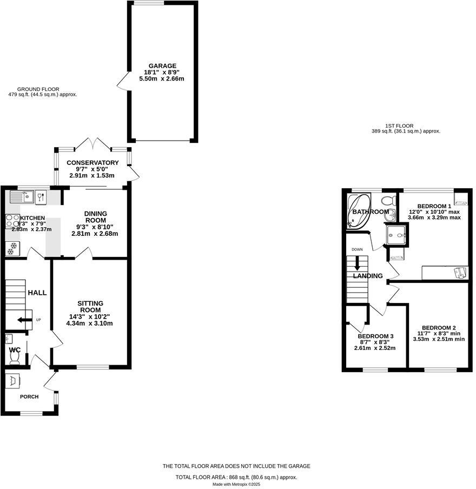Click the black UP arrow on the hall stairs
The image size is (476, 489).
tap(24, 320)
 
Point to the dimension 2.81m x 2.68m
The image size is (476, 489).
tap(95, 234)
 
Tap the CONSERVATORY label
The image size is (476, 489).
tap(92, 163)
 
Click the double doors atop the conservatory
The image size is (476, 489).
tap(92, 143)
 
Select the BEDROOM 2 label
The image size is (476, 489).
tap(439, 328)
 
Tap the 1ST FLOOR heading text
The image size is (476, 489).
tap(400, 126)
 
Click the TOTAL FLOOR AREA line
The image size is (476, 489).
tap(236, 477)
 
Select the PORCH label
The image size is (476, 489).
tap(29, 397)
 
